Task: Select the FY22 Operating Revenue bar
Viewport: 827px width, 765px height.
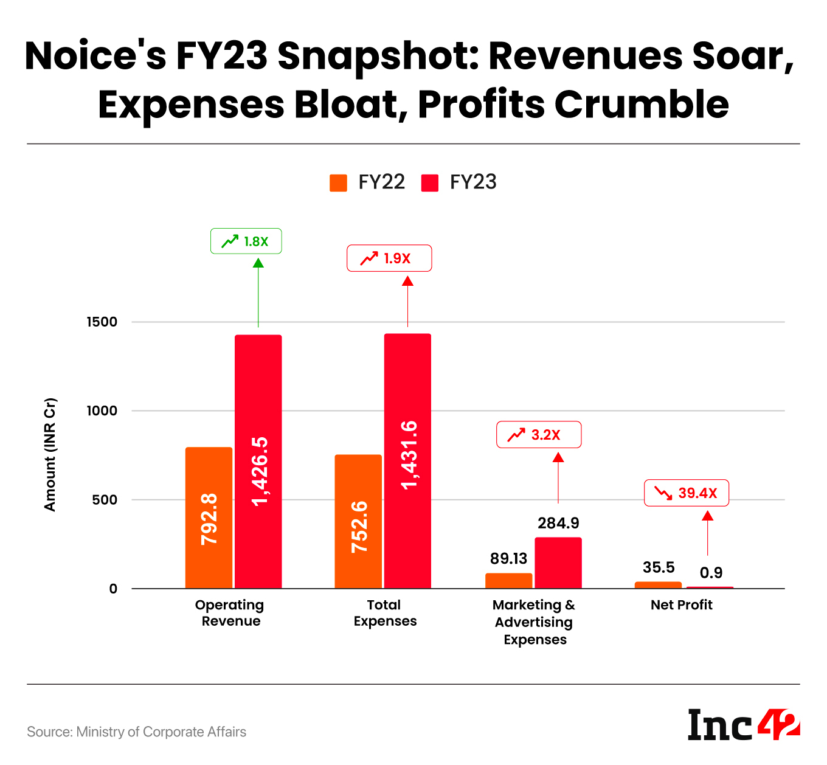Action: [209, 517]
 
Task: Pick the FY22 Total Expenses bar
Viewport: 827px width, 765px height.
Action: [358, 521]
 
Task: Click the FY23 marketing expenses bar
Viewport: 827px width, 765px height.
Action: [558, 562]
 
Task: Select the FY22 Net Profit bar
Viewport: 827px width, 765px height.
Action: [658, 585]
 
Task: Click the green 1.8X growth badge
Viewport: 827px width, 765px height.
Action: [246, 241]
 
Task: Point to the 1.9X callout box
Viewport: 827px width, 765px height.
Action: [389, 258]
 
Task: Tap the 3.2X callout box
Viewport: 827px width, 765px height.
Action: [539, 435]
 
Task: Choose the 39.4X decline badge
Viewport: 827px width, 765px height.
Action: [687, 493]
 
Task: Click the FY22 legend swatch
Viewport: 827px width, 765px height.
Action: [338, 182]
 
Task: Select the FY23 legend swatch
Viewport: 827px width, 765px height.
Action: [430, 182]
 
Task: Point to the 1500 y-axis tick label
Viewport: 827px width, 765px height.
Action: [102, 322]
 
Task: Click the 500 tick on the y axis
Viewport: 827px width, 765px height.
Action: [105, 500]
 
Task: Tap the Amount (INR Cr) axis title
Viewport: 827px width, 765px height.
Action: [50, 454]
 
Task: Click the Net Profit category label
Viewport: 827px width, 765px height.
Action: [681, 605]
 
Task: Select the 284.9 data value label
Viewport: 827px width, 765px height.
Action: [558, 523]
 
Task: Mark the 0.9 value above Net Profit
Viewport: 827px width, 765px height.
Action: [711, 573]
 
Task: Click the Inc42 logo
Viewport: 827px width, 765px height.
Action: [743, 725]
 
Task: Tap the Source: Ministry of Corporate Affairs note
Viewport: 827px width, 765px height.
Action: [137, 732]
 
